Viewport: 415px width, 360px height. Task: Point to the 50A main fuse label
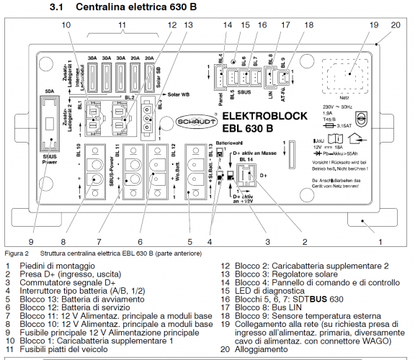(x=50, y=91)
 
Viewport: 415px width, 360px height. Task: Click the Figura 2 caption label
(x=16, y=254)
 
